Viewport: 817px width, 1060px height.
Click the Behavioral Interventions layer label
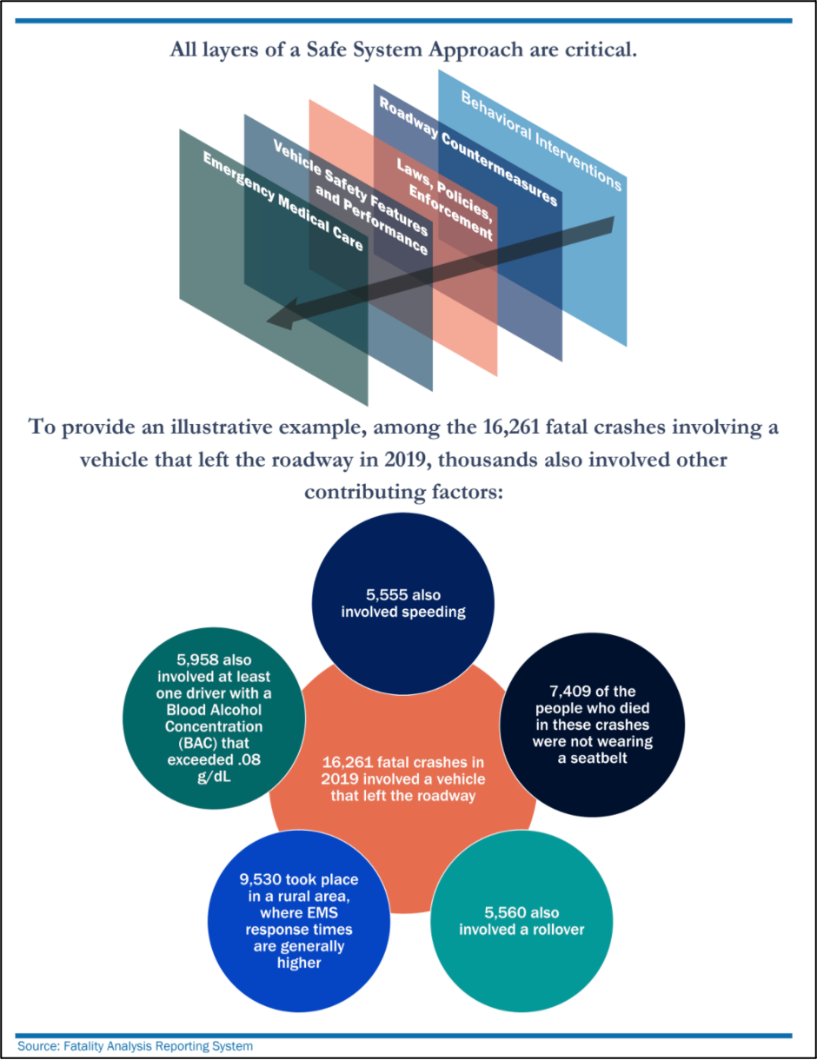(x=541, y=141)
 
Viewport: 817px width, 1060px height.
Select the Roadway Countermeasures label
(x=467, y=149)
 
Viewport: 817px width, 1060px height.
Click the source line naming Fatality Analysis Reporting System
(x=136, y=1046)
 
